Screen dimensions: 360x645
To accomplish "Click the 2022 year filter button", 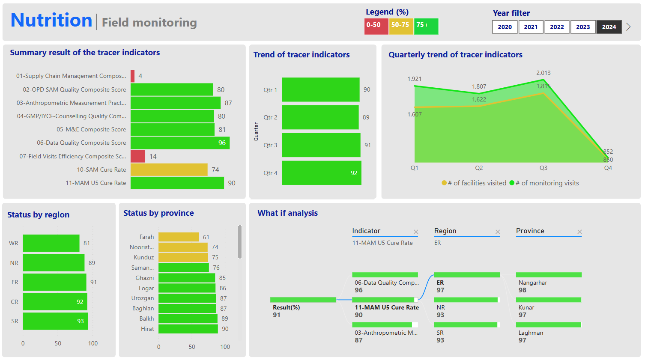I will [557, 27].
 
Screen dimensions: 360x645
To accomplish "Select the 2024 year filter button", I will [609, 27].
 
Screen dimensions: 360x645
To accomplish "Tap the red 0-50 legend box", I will [376, 26].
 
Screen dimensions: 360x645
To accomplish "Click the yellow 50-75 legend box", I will [401, 26].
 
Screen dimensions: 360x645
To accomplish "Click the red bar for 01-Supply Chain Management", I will [133, 76].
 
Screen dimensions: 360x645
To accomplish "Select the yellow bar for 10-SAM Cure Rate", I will [169, 170].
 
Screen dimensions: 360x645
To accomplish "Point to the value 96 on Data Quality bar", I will [222, 143].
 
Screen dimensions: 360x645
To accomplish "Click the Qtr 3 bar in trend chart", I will [321, 145].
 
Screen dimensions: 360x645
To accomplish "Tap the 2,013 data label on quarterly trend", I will [543, 73].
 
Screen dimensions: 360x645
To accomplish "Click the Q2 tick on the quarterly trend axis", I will [479, 168].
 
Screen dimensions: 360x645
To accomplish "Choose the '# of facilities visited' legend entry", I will [474, 183].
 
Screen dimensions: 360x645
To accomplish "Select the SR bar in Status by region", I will [55, 321].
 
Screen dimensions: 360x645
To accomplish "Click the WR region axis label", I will [14, 243].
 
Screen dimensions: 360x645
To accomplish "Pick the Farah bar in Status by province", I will [178, 237].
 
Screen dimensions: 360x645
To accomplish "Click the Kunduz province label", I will [144, 257].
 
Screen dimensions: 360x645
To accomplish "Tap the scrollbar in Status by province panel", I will [240, 242].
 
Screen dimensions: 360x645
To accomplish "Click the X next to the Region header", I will [498, 232].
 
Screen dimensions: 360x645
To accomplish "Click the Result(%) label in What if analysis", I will [286, 308].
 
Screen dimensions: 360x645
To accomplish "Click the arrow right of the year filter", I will [628, 27].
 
